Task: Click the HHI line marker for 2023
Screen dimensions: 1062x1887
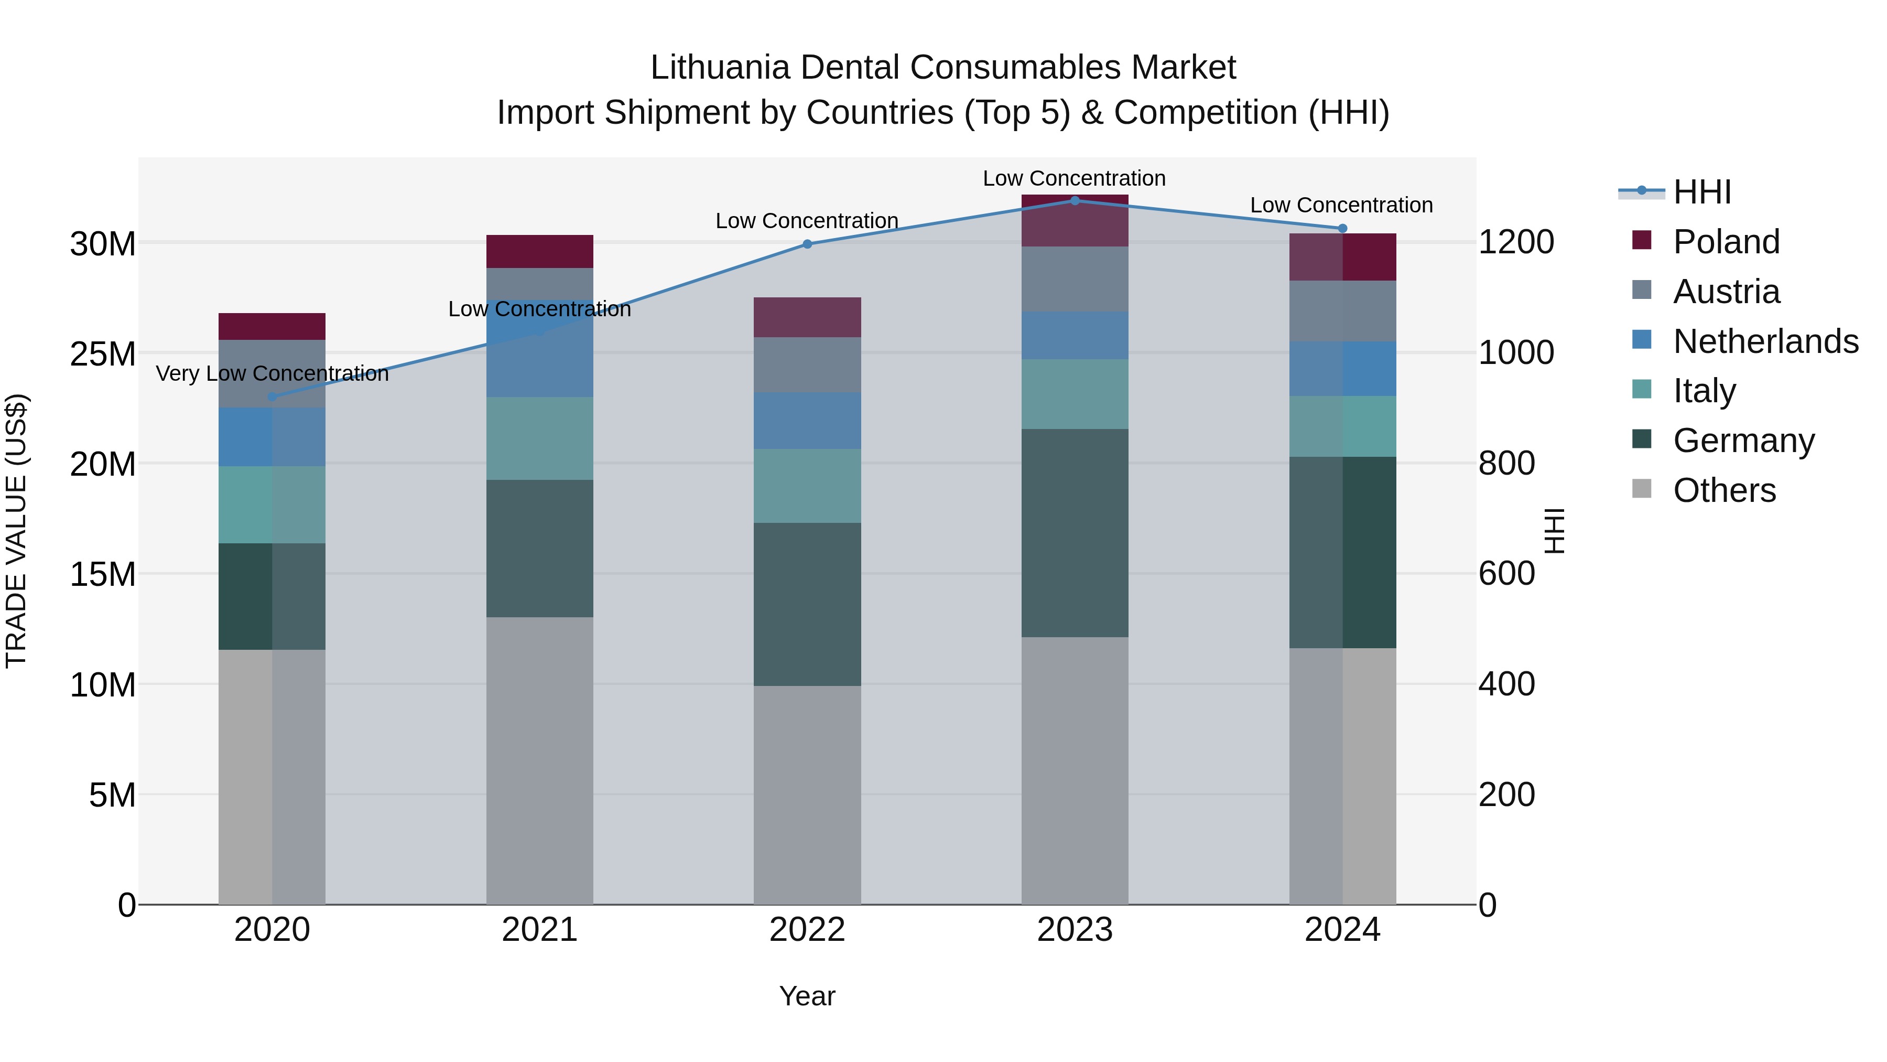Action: [1075, 200]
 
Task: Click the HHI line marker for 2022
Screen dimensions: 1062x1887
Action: [807, 244]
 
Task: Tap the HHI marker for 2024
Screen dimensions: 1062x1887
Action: [1342, 229]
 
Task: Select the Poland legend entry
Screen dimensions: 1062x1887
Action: [1726, 242]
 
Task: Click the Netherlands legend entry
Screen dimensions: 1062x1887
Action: [1765, 341]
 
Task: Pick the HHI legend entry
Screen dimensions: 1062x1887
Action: [1701, 192]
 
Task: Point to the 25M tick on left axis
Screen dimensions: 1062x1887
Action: [103, 354]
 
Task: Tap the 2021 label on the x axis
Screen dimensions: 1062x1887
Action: [539, 930]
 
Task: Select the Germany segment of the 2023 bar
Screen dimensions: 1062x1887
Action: [1075, 533]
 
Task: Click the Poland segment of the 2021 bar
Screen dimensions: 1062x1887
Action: [539, 251]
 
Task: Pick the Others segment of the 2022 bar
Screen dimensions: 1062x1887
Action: [807, 795]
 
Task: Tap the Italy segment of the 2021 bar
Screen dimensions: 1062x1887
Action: [539, 438]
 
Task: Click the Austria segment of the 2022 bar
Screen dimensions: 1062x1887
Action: [807, 364]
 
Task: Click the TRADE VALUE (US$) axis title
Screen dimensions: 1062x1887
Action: [16, 531]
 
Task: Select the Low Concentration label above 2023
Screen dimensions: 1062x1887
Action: [1074, 178]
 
